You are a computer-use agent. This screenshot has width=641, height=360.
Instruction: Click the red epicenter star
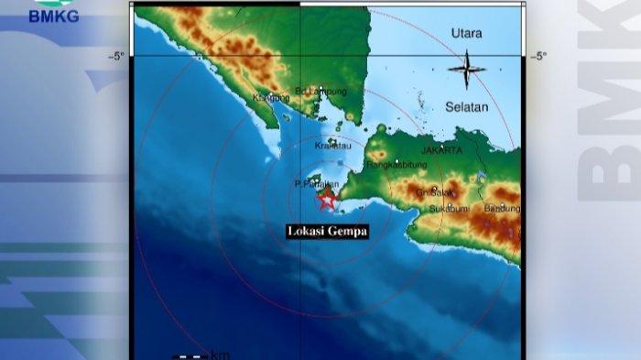[327, 199]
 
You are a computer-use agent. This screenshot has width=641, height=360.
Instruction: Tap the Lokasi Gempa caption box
[327, 232]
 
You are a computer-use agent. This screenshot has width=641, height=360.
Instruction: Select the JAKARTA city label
[442, 149]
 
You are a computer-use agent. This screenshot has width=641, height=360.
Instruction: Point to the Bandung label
[502, 208]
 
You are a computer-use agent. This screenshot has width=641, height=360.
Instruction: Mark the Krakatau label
[333, 147]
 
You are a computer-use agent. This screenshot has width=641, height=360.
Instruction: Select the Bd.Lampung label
[321, 91]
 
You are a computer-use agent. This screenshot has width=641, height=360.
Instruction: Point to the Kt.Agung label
[271, 97]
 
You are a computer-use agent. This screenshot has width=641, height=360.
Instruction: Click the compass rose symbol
[466, 70]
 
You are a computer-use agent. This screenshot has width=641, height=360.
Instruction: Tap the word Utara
[466, 34]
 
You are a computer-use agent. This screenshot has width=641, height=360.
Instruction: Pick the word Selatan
[467, 107]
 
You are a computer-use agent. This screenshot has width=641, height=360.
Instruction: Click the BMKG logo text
[55, 16]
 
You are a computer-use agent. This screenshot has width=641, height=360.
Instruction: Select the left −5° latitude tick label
[116, 57]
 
